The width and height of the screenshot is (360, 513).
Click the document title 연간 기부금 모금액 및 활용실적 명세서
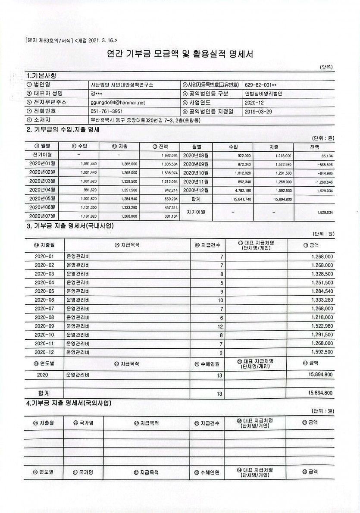(x=179, y=54)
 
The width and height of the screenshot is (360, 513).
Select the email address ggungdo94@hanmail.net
(x=118, y=103)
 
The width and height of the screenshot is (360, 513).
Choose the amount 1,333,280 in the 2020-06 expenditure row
(x=321, y=300)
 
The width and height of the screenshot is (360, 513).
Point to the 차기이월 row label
(x=195, y=212)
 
